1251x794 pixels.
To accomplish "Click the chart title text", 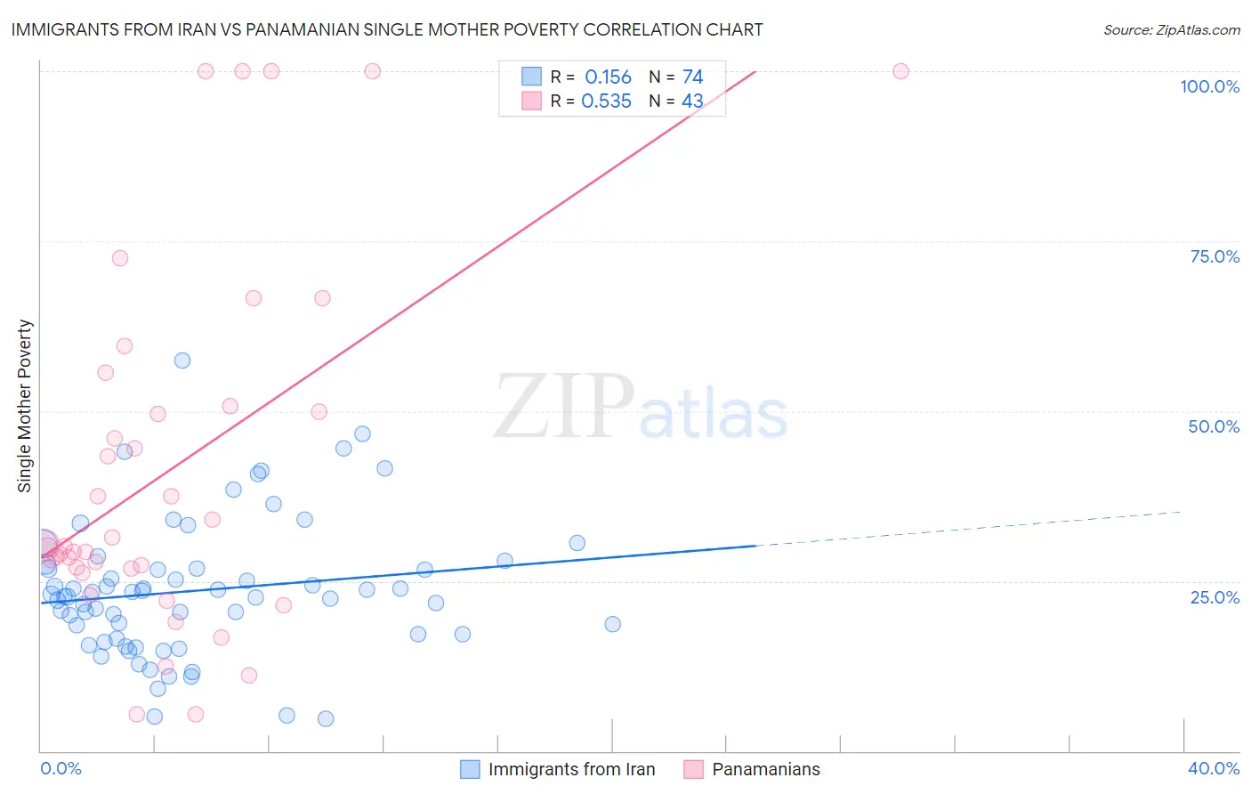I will (x=387, y=29).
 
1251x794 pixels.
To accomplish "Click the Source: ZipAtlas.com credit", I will (x=1171, y=29).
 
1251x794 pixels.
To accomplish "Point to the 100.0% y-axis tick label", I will (x=1209, y=86).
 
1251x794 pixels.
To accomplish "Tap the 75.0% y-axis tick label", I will (x=1215, y=256).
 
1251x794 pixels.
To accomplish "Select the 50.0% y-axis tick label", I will (x=1214, y=426).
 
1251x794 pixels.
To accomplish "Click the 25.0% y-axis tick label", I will (x=1215, y=597).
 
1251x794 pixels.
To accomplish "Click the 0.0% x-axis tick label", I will (x=61, y=768).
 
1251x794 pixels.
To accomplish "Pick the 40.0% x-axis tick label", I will (x=1214, y=768).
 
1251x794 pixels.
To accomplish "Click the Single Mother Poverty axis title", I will (x=25, y=406).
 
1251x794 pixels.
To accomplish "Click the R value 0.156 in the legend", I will (x=608, y=77).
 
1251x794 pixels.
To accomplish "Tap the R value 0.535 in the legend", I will (x=606, y=101).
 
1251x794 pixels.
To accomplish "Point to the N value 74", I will (x=692, y=77).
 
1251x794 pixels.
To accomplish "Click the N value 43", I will (x=692, y=101).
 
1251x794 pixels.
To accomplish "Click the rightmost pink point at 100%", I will (x=900, y=71).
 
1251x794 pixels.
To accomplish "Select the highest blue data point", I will (x=182, y=361).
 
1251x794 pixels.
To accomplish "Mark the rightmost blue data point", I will (x=612, y=624).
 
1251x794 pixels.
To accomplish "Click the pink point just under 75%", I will (x=120, y=258).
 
